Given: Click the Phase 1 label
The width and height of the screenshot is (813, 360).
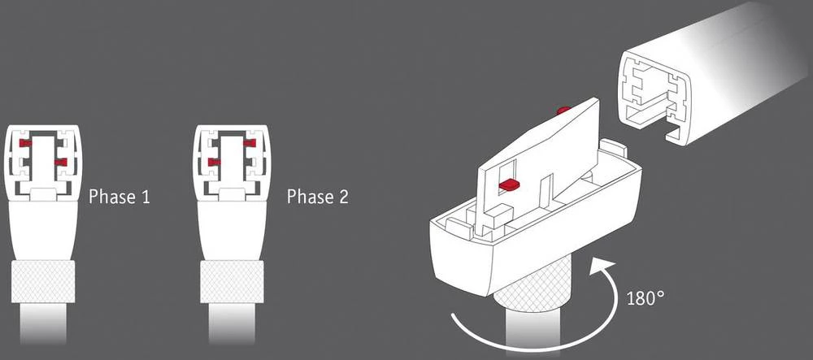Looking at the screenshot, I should [119, 197].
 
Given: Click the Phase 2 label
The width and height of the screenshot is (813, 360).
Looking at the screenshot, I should [318, 197].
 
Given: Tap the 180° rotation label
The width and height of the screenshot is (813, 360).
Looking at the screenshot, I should [646, 297].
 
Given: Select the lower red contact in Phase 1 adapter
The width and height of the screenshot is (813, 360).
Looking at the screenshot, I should [59, 163].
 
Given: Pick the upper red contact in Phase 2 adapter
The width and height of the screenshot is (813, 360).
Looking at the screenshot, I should [249, 143].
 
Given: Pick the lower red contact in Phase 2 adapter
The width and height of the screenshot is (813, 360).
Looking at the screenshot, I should [215, 163].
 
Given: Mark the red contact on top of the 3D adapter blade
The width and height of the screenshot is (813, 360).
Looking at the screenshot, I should [562, 109].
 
